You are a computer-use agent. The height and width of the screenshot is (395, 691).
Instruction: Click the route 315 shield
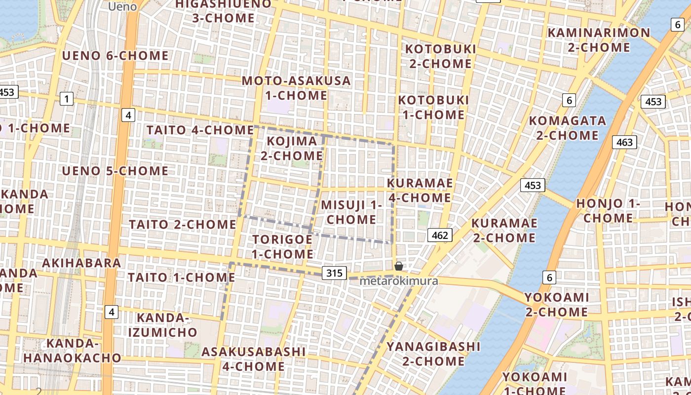[334, 273]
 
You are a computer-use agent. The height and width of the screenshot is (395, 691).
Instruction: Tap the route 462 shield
[439, 235]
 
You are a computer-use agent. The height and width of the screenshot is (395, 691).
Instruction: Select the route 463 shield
[624, 143]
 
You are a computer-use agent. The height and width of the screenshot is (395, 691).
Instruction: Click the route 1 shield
[66, 99]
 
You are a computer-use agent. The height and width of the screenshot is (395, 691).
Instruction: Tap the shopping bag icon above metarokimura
[399, 267]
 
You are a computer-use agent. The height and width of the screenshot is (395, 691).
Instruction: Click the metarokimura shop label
[399, 281]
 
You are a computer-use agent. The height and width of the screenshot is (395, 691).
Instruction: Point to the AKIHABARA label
[81, 263]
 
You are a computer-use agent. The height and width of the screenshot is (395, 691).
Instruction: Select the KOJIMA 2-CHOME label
[292, 149]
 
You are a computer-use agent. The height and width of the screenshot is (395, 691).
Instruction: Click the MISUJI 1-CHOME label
[351, 212]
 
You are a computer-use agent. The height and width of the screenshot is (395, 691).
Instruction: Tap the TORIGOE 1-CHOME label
[282, 247]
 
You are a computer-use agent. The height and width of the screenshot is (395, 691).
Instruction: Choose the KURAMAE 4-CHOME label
[420, 190]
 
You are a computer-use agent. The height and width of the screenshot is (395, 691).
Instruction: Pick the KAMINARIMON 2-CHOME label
[599, 40]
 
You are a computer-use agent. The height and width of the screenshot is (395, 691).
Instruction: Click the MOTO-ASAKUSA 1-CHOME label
[296, 88]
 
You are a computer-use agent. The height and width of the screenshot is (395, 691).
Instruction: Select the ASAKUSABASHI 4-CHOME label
[254, 359]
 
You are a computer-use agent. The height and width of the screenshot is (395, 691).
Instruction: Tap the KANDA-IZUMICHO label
[163, 325]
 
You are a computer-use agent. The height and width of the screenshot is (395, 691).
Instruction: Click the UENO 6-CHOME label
[115, 56]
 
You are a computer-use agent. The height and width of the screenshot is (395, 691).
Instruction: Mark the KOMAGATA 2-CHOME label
[568, 128]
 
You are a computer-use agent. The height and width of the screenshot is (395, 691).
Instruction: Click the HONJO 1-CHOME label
[608, 211]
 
